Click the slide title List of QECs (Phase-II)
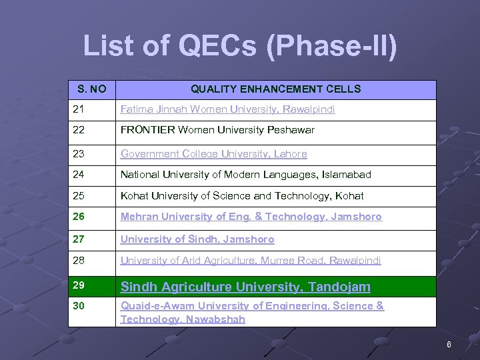point(240,46)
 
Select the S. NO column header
point(92,89)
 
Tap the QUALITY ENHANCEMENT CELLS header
point(276,89)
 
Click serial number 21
point(79,109)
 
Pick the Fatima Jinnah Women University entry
point(227,109)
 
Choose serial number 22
point(79,130)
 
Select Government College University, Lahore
point(213,154)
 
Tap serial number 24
point(79,175)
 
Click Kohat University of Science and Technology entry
point(242,196)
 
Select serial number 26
point(79,217)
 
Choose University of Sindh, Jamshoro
point(197,239)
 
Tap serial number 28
point(79,261)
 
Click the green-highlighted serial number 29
point(79,285)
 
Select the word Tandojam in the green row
point(339,287)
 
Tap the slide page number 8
point(449,345)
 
